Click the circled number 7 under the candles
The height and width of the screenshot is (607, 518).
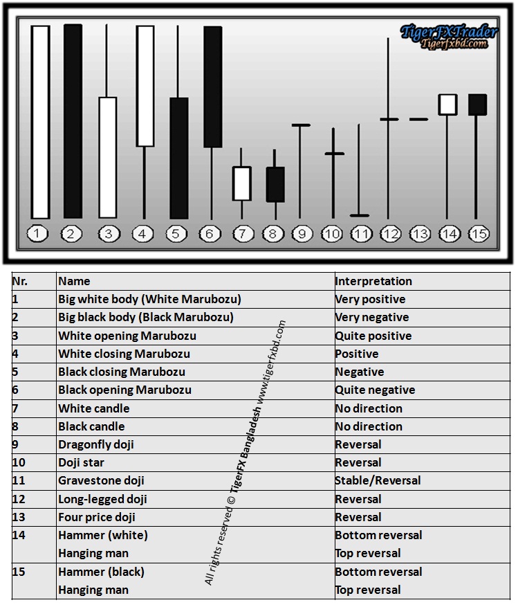243,234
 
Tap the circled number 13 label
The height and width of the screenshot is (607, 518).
420,234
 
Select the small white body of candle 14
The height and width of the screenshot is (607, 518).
447,105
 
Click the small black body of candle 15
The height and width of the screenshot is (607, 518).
477,105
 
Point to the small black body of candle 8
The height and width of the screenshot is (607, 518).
275,184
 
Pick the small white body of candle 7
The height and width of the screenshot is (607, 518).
242,183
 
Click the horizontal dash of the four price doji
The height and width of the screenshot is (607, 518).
418,119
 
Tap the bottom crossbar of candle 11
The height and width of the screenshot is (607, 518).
360,215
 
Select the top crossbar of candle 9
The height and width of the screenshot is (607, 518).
301,125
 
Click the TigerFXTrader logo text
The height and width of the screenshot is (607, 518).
449,32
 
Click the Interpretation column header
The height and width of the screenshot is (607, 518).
373,281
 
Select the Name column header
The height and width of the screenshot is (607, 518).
74,281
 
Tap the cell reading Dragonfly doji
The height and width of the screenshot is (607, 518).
96,444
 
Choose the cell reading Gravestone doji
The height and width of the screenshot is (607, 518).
101,480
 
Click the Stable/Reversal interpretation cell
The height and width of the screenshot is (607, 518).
378,480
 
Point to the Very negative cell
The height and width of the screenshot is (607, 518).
372,318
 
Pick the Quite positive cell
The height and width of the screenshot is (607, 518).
373,336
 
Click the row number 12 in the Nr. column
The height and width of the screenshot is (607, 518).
19,499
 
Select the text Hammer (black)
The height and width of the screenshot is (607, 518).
102,572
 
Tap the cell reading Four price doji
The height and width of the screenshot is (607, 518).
97,517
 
